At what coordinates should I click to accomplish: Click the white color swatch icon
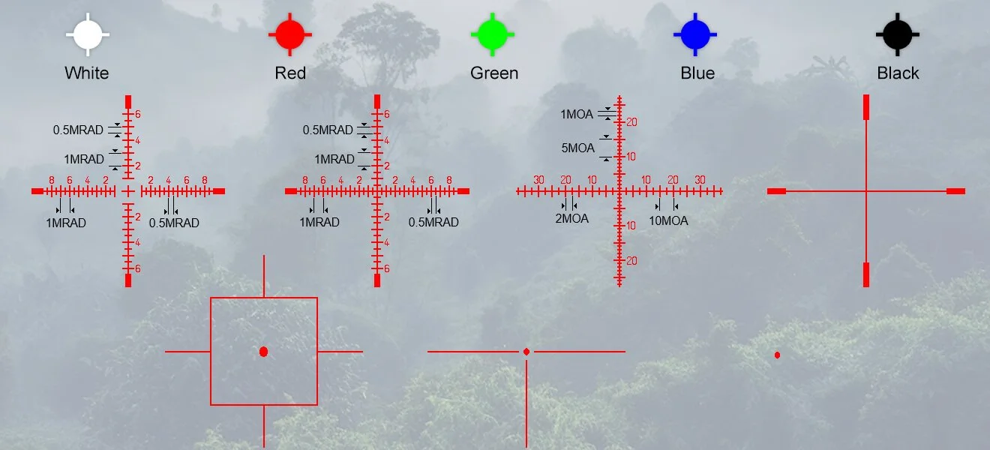point(87,34)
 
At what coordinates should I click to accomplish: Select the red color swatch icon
point(289,34)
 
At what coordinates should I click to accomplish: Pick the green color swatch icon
point(492,34)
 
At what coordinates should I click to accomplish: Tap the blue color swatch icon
point(694,34)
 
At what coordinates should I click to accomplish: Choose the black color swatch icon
point(897,34)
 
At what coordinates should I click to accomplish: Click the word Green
point(494,73)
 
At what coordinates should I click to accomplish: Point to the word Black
point(898,73)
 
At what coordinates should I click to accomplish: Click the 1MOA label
point(577,115)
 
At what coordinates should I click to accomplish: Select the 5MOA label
point(577,148)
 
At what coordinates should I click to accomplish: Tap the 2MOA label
point(571,219)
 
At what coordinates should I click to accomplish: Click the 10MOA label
point(668,220)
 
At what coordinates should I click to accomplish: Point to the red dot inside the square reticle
point(263,352)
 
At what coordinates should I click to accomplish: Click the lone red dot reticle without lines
point(777,355)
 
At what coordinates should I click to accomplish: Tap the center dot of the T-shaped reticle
point(526,352)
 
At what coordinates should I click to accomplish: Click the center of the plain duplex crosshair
point(866,191)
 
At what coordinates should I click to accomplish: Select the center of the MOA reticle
point(619,191)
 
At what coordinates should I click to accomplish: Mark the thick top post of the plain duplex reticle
point(866,106)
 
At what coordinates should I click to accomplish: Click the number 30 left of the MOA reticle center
point(538,180)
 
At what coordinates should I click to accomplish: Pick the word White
point(87,73)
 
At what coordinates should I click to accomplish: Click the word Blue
point(697,73)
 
